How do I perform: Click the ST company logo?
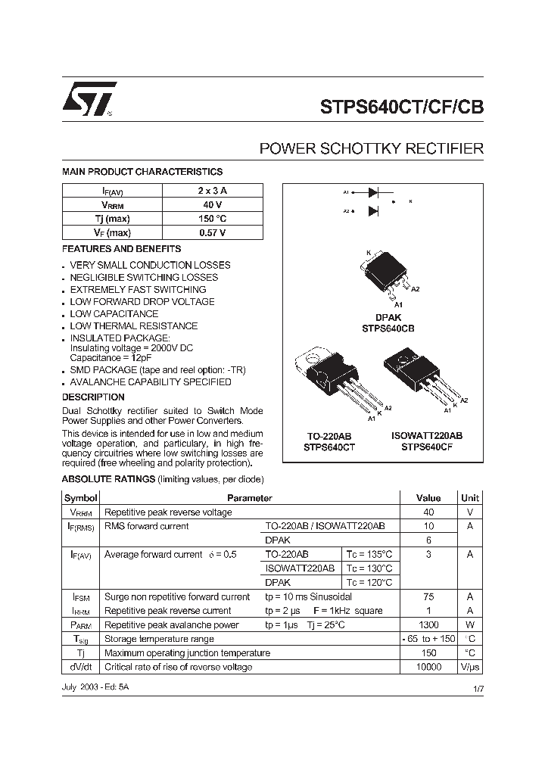click(89, 99)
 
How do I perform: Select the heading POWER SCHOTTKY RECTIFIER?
click(371, 149)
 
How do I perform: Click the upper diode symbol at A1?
click(373, 193)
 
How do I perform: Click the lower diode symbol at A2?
click(373, 211)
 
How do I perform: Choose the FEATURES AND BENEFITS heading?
click(121, 248)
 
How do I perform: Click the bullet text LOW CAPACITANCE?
click(114, 313)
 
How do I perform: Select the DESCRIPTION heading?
click(93, 397)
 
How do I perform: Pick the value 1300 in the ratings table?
click(428, 625)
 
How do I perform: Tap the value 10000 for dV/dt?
click(428, 667)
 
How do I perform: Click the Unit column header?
click(469, 498)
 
